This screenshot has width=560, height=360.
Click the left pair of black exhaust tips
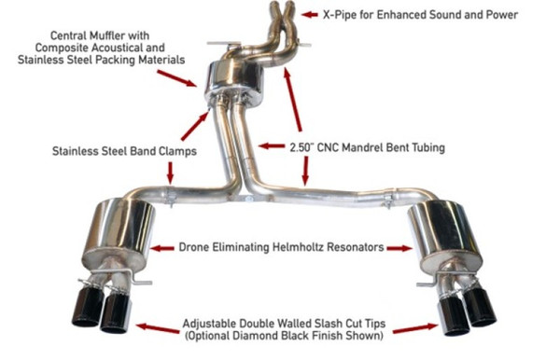[x=102, y=309]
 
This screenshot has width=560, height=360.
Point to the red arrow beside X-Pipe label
[x=309, y=15]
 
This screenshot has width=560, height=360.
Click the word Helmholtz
[x=293, y=248]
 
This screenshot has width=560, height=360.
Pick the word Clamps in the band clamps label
[x=175, y=148]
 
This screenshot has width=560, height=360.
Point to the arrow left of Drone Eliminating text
[x=162, y=248]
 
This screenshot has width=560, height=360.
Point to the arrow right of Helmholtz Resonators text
[x=399, y=248]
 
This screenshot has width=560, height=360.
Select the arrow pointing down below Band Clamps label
[x=169, y=171]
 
